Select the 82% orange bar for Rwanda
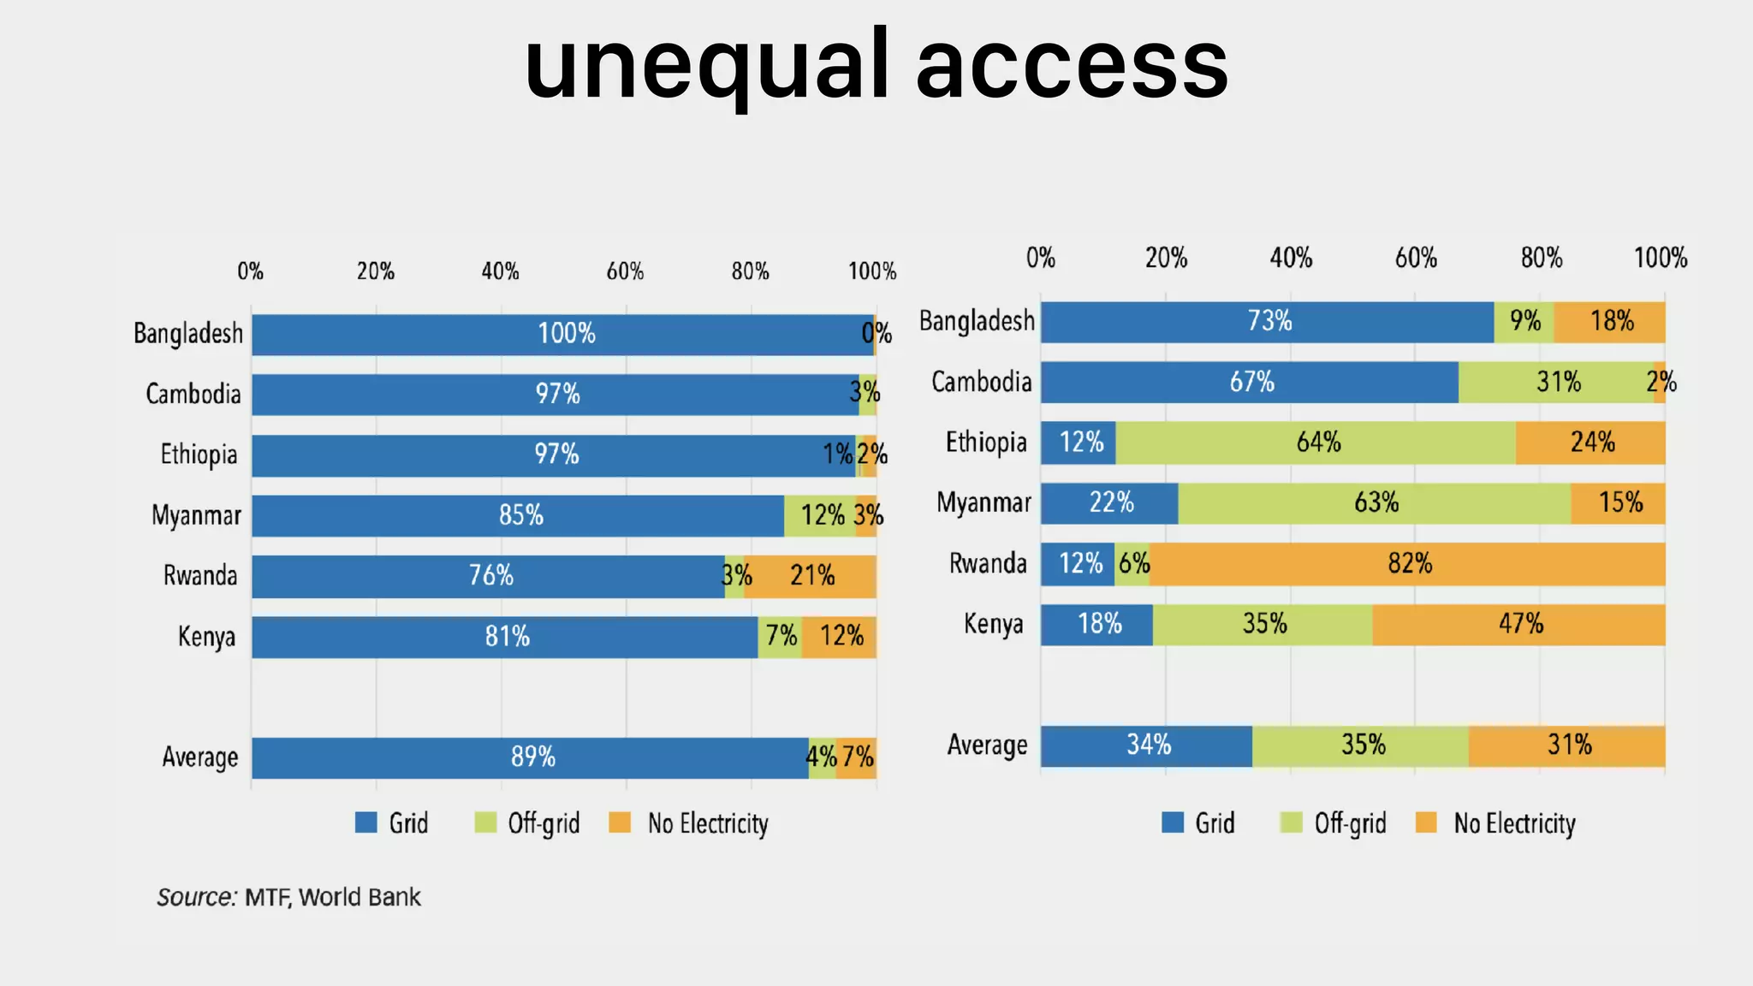(x=1408, y=564)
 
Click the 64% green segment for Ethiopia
(x=1316, y=443)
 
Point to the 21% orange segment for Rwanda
(x=811, y=576)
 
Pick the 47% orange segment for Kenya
(x=1519, y=624)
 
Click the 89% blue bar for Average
(x=531, y=757)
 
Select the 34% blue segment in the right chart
(x=1147, y=745)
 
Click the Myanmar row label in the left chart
(x=196, y=515)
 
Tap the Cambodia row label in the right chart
(x=981, y=382)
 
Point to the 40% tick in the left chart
(x=500, y=272)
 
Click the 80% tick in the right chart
(x=1541, y=258)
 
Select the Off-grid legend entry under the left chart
(x=543, y=823)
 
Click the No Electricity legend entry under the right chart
(x=1513, y=823)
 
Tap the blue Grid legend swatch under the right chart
(x=1173, y=823)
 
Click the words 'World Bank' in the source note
(x=360, y=897)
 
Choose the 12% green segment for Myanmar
(x=820, y=515)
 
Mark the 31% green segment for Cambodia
(x=1556, y=382)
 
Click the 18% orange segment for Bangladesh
(x=1610, y=322)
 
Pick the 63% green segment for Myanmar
(x=1375, y=502)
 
